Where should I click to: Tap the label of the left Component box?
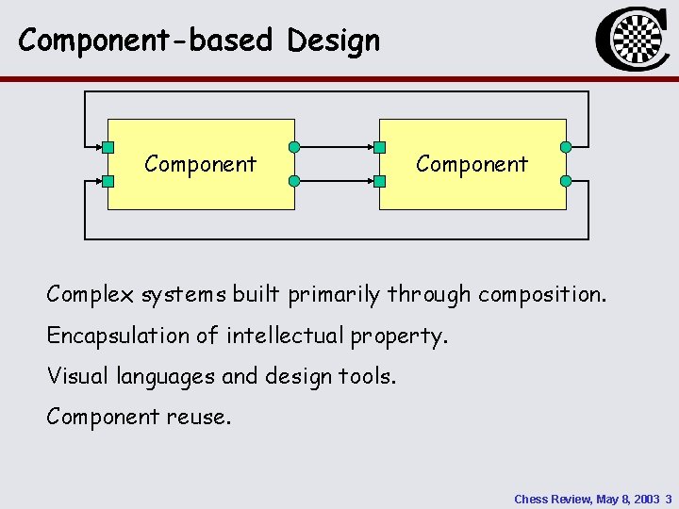(200, 164)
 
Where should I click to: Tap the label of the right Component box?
(472, 164)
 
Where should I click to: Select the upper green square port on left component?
(108, 147)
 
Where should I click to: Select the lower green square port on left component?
(108, 180)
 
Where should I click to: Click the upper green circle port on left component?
(294, 147)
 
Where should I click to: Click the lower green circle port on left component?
(294, 180)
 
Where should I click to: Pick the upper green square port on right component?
(379, 147)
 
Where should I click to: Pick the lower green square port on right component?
(379, 180)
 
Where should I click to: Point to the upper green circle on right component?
(566, 147)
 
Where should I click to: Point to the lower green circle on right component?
(566, 180)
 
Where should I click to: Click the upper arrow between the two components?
(337, 147)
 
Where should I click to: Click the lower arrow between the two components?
(337, 180)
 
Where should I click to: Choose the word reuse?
(200, 416)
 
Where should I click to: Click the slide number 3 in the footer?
(668, 498)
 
